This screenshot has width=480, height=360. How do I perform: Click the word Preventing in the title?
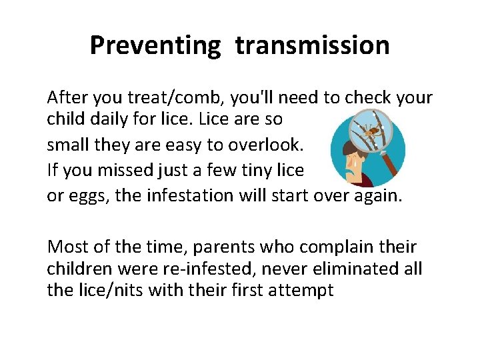154,45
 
